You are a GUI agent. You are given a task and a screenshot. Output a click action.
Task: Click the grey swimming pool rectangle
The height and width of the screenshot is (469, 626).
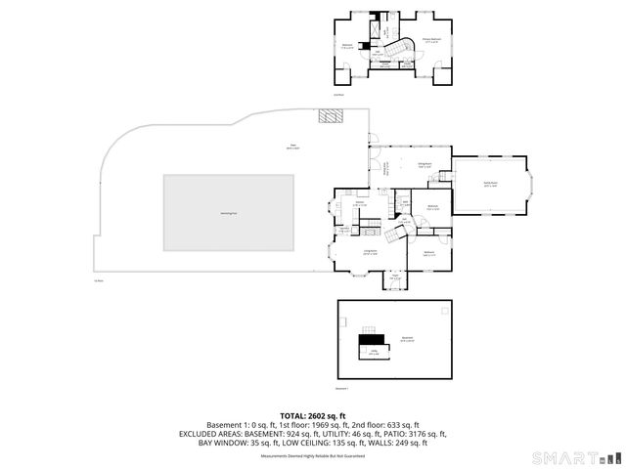(x=229, y=212)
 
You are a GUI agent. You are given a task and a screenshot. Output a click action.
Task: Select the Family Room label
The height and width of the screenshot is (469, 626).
(x=489, y=183)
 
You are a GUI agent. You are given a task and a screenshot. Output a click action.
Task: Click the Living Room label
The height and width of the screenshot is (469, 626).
(x=370, y=253)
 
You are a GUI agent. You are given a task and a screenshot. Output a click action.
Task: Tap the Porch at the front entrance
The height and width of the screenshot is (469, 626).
(x=395, y=278)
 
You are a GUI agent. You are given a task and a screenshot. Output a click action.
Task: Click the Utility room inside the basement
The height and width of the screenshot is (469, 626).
(x=374, y=353)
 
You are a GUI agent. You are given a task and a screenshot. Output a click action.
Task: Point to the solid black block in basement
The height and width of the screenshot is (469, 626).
(x=368, y=339)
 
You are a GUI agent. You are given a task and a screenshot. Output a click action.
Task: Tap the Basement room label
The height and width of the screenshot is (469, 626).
(x=406, y=339)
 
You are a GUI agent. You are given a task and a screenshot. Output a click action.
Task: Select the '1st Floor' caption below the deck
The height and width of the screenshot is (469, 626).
(x=98, y=281)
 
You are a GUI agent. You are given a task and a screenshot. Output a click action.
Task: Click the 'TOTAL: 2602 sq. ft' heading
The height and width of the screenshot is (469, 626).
(x=312, y=415)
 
